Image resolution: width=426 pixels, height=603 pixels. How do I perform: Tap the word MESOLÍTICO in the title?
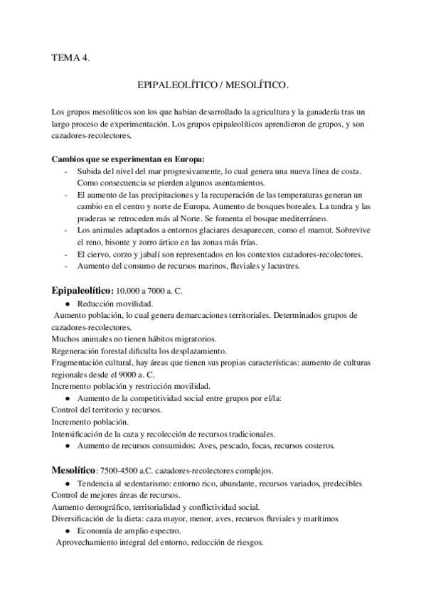[x=244, y=85]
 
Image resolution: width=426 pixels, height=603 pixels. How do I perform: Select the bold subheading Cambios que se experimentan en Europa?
[x=128, y=159]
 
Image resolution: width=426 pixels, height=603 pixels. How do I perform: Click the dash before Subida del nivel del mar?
[x=66, y=171]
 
